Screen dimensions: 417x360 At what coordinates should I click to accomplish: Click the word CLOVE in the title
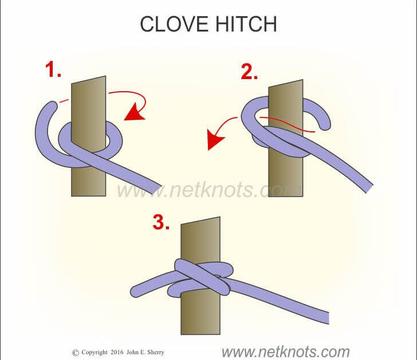click(x=174, y=24)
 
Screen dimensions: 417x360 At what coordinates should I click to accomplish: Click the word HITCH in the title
click(x=246, y=24)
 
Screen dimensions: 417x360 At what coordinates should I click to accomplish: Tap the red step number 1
click(x=53, y=69)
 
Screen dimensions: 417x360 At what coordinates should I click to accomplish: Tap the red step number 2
click(x=249, y=72)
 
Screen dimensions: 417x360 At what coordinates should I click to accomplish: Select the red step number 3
click(x=161, y=222)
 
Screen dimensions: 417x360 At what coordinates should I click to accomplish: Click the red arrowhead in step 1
click(x=134, y=112)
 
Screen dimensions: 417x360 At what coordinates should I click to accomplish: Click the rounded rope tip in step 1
click(x=53, y=105)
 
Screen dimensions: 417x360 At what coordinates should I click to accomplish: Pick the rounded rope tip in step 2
click(x=325, y=124)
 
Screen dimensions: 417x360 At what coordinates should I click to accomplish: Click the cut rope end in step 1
click(x=157, y=189)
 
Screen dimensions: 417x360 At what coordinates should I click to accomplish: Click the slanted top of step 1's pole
click(x=89, y=80)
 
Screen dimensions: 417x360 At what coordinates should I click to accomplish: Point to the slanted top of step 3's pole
click(x=200, y=221)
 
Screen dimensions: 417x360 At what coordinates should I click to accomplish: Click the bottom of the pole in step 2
click(x=286, y=196)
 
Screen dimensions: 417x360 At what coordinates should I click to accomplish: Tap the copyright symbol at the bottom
click(x=76, y=353)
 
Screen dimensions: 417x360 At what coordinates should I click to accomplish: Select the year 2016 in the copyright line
click(x=117, y=352)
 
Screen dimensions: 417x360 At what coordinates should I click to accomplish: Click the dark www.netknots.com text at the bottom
click(x=286, y=352)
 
